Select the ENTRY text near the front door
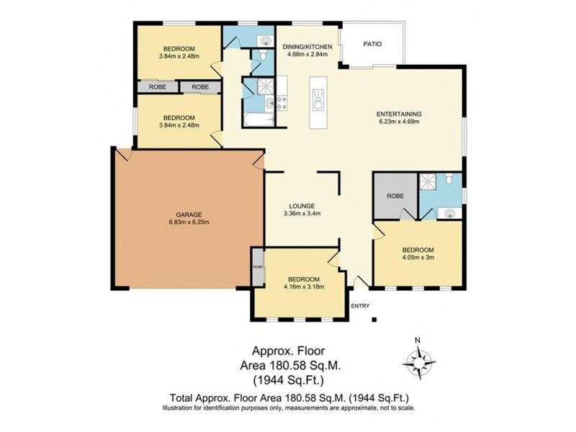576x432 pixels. coord(359,306)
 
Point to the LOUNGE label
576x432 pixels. coord(302,204)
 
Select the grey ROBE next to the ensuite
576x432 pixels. coord(395,195)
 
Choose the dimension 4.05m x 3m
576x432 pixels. coord(418,256)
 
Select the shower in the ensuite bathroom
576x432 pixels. coord(432,183)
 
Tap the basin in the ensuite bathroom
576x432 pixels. coord(450,212)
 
